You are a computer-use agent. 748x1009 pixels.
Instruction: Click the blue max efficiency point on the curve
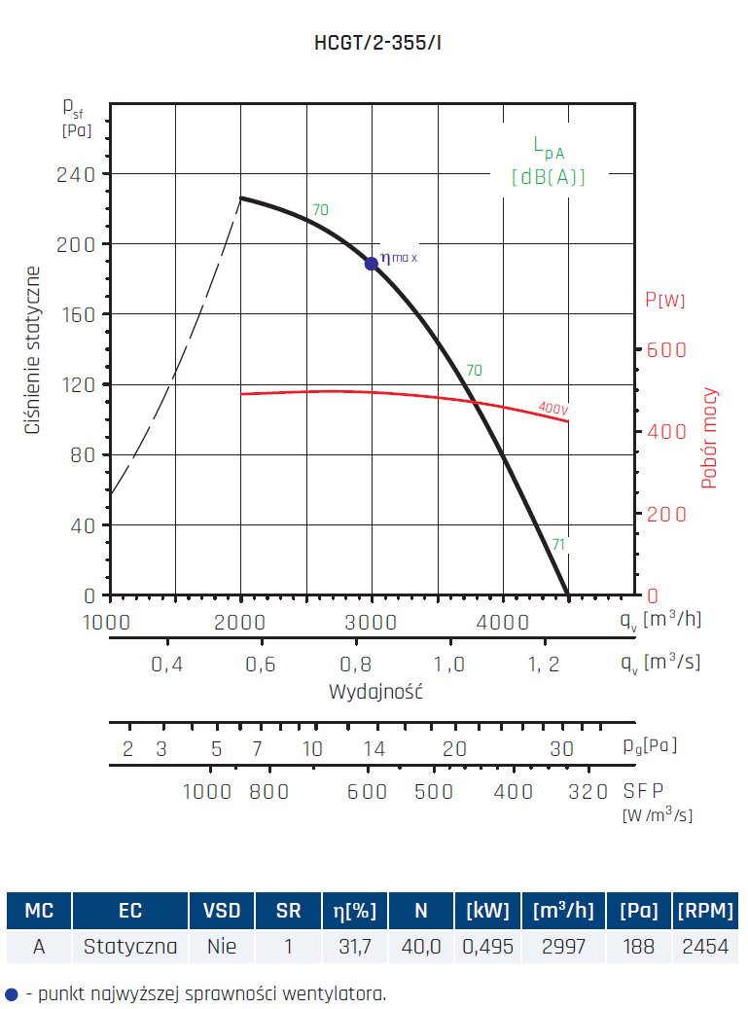tap(371, 264)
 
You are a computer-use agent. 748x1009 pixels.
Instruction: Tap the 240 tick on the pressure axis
tap(75, 174)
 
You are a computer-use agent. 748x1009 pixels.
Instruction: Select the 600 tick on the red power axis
tap(666, 350)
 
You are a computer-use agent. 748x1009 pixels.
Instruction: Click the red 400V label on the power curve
tap(552, 410)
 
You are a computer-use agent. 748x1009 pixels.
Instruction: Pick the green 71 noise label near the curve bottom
tap(558, 544)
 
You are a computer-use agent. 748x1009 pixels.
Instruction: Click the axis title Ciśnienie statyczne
tap(33, 350)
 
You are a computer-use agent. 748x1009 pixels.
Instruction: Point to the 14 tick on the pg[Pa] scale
tap(374, 748)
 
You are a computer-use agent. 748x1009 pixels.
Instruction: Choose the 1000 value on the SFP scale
tap(207, 792)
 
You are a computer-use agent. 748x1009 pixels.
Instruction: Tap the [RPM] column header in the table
tap(704, 911)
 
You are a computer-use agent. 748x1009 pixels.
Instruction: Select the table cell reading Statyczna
tap(130, 945)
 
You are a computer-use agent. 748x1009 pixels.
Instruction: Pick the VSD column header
tap(222, 911)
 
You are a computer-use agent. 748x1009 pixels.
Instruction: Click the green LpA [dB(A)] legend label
tap(549, 162)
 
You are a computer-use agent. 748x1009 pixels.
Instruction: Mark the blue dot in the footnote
tap(12, 994)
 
